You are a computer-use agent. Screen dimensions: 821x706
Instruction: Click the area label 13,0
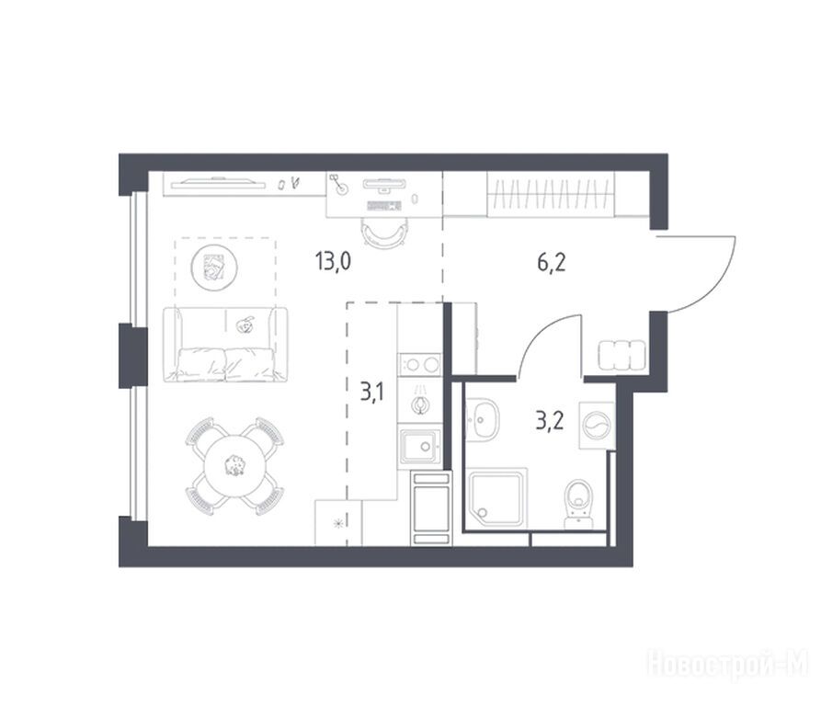tap(333, 261)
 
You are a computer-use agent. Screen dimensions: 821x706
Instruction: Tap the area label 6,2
tap(552, 262)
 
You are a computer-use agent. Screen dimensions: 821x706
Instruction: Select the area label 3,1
tap(371, 391)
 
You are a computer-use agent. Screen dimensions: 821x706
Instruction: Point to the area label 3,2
tap(550, 420)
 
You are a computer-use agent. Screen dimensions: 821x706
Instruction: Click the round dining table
tap(234, 465)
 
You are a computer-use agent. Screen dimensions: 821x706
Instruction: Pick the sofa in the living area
tap(225, 345)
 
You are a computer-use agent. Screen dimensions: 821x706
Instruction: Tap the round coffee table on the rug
tap(214, 268)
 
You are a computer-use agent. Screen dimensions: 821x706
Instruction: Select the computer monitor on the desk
tap(384, 184)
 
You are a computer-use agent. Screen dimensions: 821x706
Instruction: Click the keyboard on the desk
tap(384, 205)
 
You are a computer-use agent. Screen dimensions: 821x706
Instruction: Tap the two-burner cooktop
tap(419, 365)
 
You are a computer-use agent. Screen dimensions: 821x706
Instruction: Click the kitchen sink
tap(420, 446)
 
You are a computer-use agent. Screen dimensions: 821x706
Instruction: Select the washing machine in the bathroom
tap(597, 425)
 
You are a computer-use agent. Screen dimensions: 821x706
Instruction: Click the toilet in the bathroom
tap(579, 504)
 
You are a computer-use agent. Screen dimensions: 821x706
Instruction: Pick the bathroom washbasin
tap(483, 418)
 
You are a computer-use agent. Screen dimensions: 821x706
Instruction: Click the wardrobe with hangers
tap(551, 194)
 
